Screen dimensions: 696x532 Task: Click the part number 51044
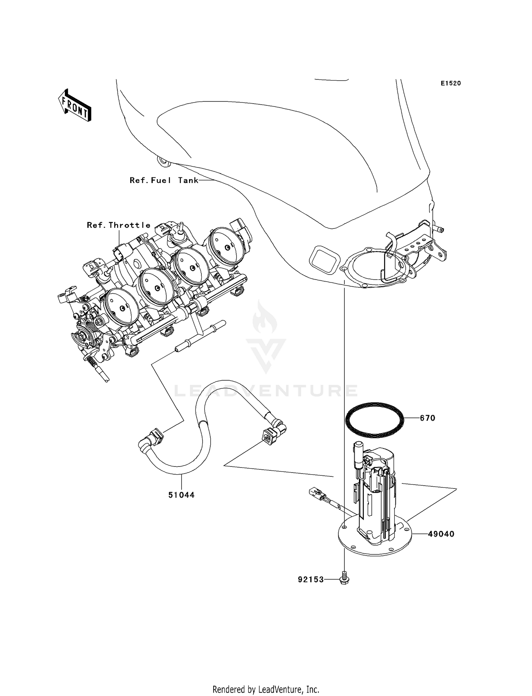click(181, 495)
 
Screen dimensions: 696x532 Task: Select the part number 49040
click(441, 534)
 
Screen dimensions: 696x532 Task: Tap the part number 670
click(427, 418)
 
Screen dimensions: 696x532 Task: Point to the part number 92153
click(311, 579)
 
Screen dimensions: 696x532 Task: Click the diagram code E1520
click(451, 83)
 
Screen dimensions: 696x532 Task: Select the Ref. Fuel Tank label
click(164, 180)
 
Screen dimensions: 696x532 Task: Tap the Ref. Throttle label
click(118, 225)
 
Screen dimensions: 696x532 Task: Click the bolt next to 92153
click(344, 579)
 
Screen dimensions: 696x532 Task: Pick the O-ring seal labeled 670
click(374, 420)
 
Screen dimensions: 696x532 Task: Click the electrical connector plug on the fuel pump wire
click(316, 492)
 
